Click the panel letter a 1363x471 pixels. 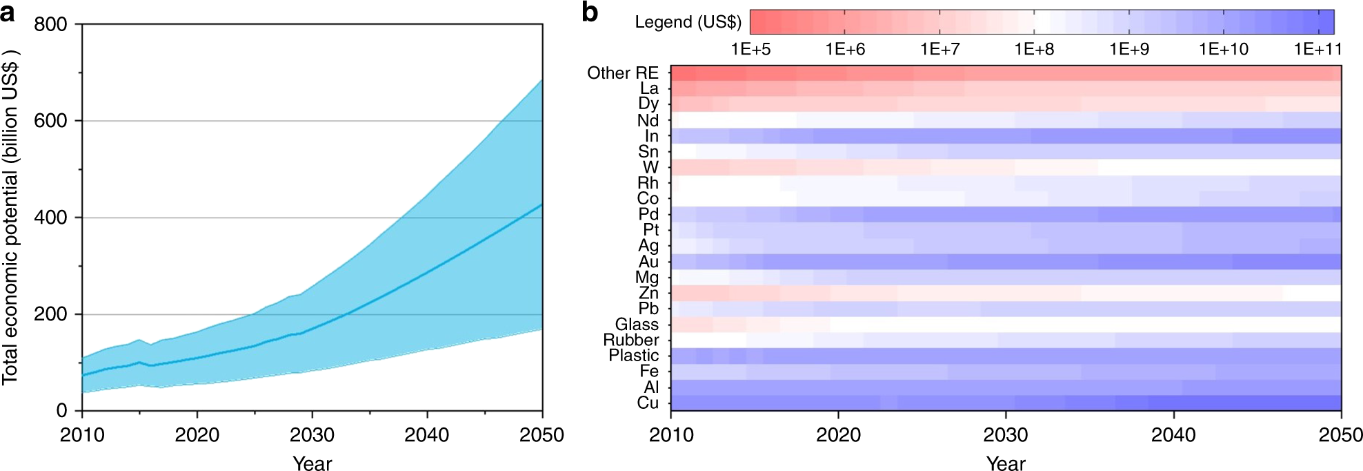(8, 12)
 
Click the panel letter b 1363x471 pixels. (590, 12)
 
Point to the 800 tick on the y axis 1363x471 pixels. (51, 24)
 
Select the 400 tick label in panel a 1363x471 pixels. (51, 218)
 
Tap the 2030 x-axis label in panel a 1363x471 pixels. (312, 435)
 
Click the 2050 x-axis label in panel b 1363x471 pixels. (1340, 435)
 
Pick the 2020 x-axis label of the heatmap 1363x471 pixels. (838, 435)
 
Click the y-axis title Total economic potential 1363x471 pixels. (10, 218)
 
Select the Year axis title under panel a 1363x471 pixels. (312, 463)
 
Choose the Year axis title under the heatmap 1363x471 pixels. (1006, 463)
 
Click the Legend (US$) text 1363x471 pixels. (688, 22)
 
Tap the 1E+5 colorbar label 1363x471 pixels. (750, 49)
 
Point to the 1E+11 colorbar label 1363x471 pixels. (1317, 49)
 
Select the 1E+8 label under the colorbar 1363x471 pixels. (1034, 49)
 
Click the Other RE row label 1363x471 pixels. (623, 73)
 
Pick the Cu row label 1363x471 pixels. (648, 403)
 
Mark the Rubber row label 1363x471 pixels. (631, 340)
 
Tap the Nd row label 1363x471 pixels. (648, 120)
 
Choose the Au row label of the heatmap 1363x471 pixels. (648, 261)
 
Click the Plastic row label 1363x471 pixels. (633, 356)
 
